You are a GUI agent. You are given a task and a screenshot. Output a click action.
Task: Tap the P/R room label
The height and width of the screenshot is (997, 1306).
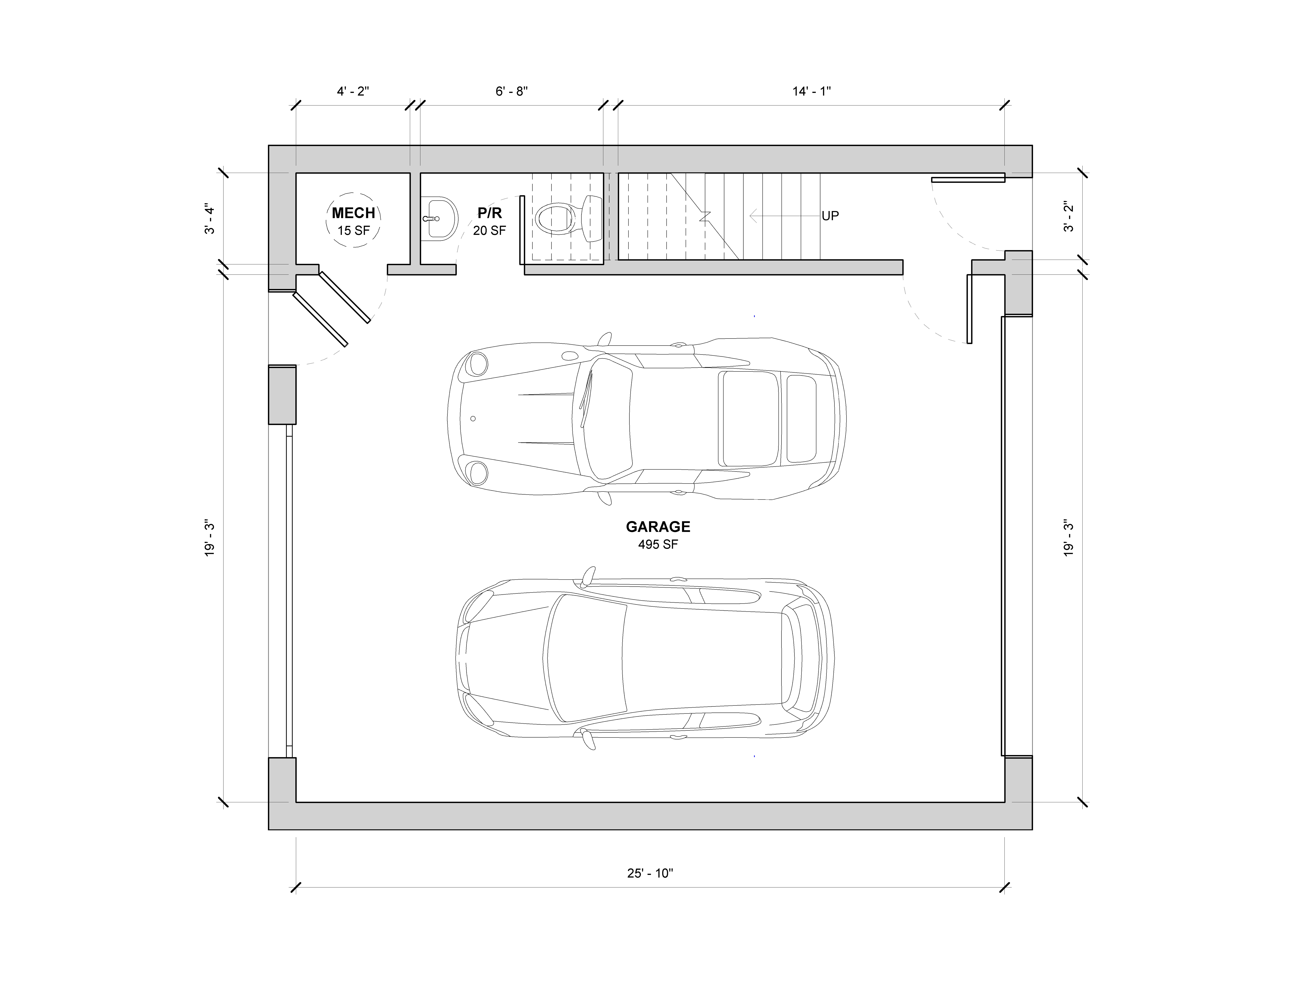pos(489,213)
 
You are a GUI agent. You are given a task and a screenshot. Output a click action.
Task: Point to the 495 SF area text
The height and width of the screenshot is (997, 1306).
pos(658,544)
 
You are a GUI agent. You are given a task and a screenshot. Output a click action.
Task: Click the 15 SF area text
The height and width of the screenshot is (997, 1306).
pos(354,230)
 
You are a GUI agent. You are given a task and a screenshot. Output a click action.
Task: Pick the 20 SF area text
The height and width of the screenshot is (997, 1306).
pos(489,230)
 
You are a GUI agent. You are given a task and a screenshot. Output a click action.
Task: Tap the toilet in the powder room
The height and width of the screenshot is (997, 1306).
pos(568,218)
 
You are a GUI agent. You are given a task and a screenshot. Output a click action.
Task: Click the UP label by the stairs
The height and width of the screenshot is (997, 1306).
pos(830,216)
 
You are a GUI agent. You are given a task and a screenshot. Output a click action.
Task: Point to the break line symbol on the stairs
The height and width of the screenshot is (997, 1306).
pos(704,216)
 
